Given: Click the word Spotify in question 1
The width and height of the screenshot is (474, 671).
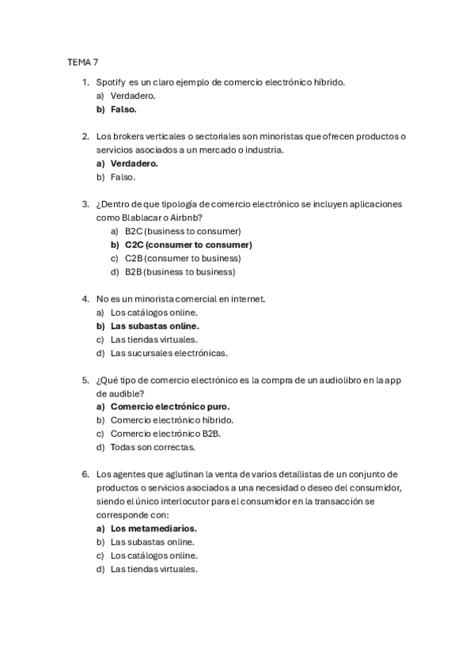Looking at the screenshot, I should click(111, 82).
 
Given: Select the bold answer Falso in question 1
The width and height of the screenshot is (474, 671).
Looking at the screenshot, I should click(123, 109).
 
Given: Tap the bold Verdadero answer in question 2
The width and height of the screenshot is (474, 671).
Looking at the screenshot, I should click(134, 164).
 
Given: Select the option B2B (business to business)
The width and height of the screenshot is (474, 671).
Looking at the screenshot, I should click(180, 271).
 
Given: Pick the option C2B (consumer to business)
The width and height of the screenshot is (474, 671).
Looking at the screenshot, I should click(183, 258).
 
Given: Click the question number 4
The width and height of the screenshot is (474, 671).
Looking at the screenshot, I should click(85, 298).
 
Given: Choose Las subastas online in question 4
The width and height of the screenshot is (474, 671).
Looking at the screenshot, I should click(154, 325).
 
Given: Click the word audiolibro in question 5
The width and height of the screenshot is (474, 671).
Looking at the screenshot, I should click(330, 380).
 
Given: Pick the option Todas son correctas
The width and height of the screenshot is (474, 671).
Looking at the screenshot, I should click(153, 447).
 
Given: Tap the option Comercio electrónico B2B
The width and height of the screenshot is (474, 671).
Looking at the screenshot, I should click(165, 434).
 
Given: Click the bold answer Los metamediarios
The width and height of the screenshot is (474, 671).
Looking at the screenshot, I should click(154, 528).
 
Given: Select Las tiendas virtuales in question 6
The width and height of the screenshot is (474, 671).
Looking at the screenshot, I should click(154, 568).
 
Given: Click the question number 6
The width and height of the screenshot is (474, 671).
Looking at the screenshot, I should click(85, 474).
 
